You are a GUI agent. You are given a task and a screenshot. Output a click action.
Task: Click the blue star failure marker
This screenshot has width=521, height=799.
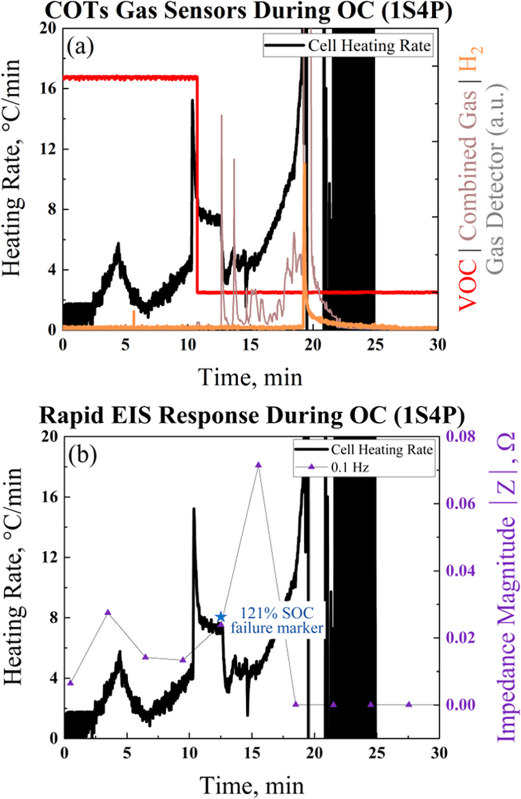coord(221,617)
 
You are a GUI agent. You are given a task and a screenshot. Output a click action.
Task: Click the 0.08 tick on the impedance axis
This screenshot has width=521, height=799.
coord(460,436)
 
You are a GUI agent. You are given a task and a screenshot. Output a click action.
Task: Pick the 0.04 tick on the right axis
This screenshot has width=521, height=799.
coord(460,570)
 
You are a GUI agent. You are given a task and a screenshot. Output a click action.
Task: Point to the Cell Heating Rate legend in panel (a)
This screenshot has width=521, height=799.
coord(348,46)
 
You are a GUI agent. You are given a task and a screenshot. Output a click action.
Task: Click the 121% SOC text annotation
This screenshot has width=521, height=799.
coord(277,613)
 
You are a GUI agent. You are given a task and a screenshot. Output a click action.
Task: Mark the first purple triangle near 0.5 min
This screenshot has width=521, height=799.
coord(71,682)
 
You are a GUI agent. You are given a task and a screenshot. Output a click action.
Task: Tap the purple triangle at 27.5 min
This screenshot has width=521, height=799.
coord(409,704)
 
